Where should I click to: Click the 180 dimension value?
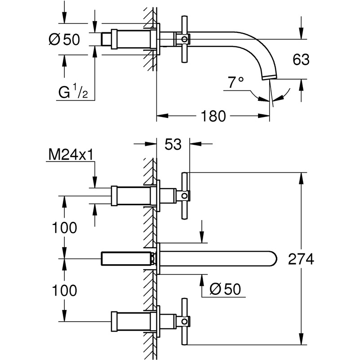click(x=213, y=116)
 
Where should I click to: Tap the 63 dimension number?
click(x=301, y=59)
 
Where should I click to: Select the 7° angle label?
click(x=236, y=82)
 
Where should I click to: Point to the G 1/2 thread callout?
click(x=73, y=92)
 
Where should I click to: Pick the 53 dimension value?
click(x=173, y=144)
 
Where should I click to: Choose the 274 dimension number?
click(x=301, y=259)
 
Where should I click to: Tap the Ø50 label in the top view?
click(x=65, y=39)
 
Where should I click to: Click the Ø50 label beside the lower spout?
click(x=225, y=289)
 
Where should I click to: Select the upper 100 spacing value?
click(x=65, y=228)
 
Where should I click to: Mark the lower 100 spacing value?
click(x=65, y=290)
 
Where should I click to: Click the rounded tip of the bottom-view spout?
click(x=276, y=259)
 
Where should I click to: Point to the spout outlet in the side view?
click(x=270, y=77)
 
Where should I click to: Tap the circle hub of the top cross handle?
click(x=184, y=39)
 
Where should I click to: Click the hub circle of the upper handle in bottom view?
click(x=184, y=196)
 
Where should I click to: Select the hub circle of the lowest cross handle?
click(x=184, y=321)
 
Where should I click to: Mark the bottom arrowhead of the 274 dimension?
click(x=301, y=339)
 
